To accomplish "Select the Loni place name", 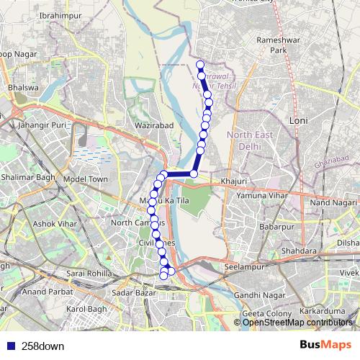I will pos(298,121).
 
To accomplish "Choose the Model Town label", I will pos(85,179).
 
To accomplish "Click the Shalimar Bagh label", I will pos(28,178).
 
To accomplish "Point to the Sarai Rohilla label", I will pos(89,274).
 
